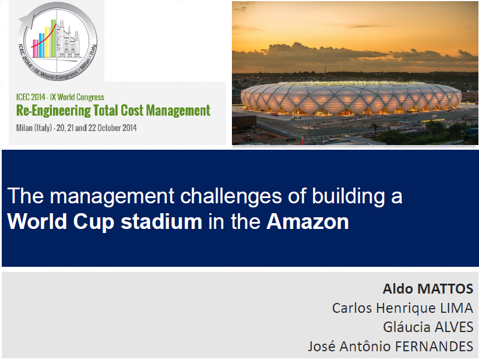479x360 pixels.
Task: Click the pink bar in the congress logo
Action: point(36,48)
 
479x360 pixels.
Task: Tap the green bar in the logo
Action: point(54,38)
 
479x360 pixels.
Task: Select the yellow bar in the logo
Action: point(48,42)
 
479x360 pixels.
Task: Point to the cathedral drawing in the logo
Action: point(69,39)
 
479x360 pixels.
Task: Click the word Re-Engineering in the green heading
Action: point(54,111)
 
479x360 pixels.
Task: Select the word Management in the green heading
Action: point(178,111)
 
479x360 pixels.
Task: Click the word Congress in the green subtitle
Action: point(90,97)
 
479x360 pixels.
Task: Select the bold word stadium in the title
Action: point(161,221)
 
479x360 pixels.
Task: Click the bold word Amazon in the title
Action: point(308,221)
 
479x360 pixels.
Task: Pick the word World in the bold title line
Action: point(37,221)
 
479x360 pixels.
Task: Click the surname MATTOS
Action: point(445,288)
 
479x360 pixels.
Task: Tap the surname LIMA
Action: point(456,308)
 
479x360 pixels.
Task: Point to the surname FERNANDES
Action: point(434,346)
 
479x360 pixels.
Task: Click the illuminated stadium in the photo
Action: point(351,98)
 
